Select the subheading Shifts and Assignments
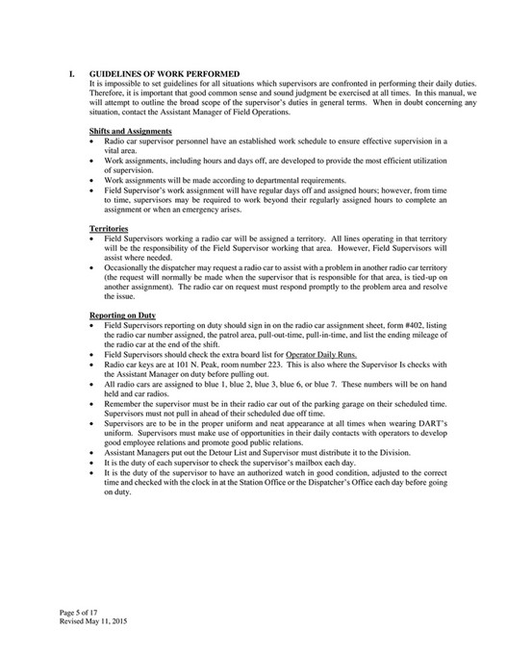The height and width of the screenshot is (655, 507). (x=130, y=131)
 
